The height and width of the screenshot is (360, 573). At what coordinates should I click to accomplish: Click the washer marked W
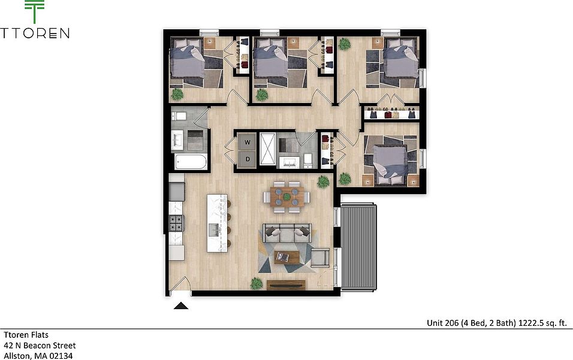point(247,143)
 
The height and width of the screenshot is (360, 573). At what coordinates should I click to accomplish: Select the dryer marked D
point(247,158)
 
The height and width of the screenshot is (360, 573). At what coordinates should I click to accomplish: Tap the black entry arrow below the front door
point(180,306)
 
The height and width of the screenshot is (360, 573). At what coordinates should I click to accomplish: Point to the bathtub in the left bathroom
point(191,162)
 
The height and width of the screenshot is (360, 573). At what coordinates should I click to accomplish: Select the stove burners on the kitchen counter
point(177,224)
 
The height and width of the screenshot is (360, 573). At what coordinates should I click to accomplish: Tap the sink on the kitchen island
point(213,228)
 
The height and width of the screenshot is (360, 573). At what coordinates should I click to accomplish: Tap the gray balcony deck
point(358,246)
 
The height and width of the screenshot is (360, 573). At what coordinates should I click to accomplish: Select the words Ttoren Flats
point(26,335)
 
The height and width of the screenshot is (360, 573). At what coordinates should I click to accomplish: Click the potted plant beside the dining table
point(323,181)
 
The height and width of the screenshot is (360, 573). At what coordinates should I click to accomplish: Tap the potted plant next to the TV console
point(257,283)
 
